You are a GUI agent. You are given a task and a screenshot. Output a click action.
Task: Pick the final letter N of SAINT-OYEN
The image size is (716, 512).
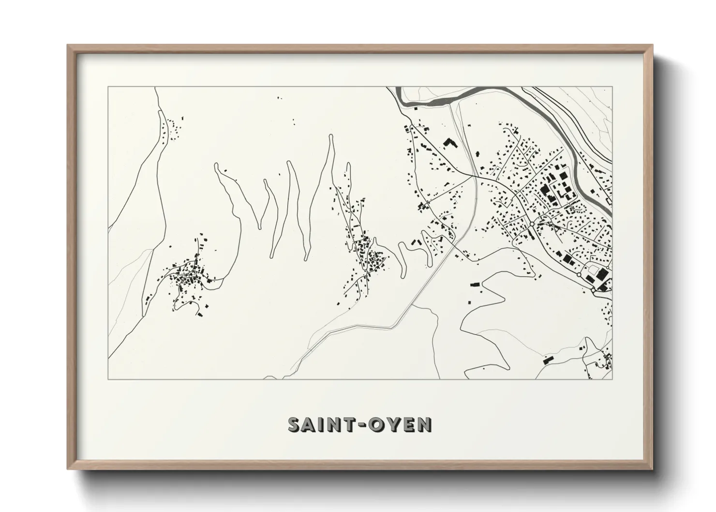click(424, 424)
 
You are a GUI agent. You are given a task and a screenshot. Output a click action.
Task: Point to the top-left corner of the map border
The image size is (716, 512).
click(108, 87)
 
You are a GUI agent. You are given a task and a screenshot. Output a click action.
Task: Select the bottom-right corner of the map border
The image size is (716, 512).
click(612, 379)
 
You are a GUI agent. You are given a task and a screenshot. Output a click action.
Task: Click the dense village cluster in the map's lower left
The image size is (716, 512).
click(186, 278)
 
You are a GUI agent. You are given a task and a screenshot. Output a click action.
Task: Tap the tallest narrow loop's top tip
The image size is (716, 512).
click(331, 136)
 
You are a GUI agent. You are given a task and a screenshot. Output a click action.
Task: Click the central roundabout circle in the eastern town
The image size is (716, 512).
click(532, 224)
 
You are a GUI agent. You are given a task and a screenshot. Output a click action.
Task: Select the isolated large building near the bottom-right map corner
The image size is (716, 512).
click(548, 360)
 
